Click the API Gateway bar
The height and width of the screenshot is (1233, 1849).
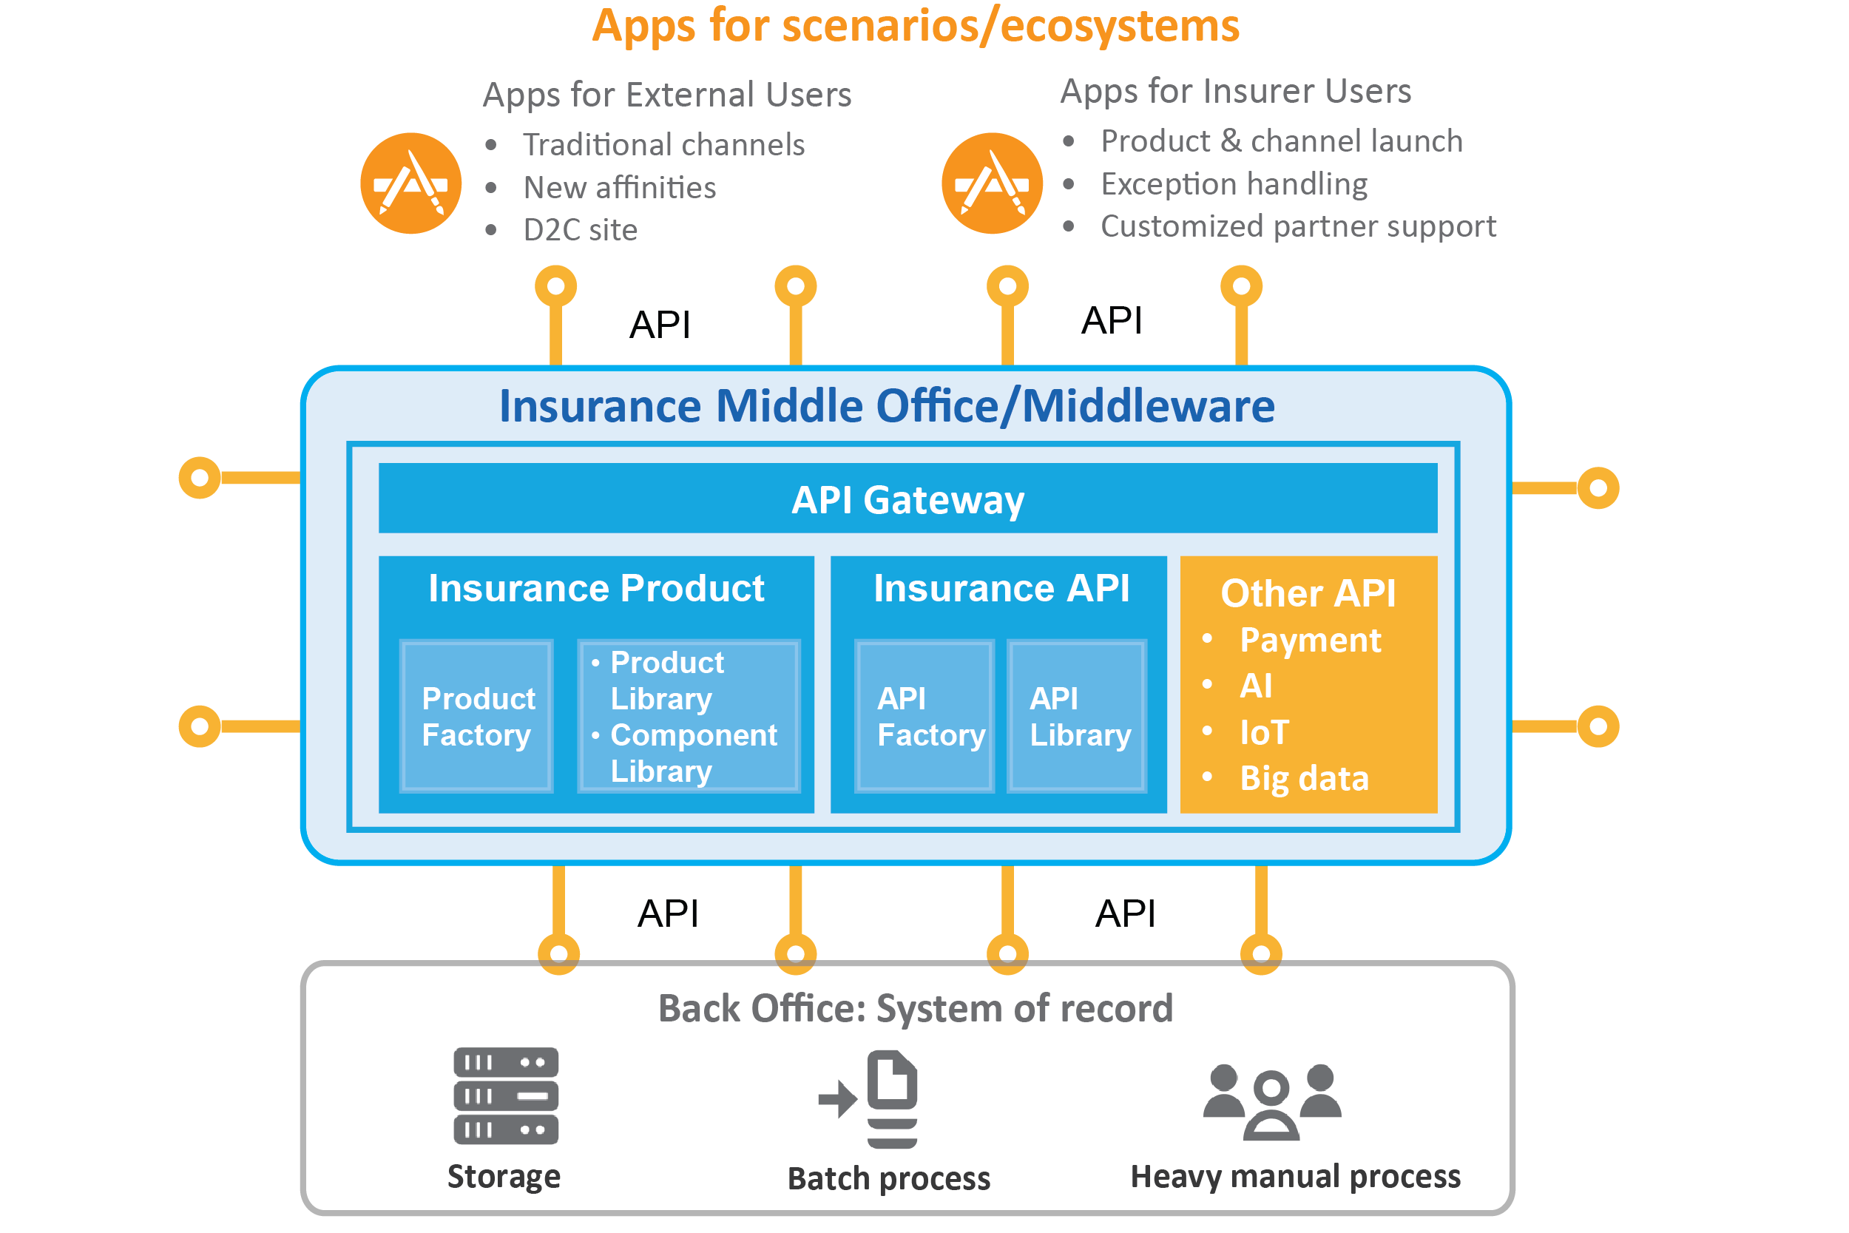pos(907,499)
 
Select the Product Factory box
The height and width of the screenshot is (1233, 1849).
pos(476,717)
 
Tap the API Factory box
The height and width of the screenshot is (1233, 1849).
pos(924,717)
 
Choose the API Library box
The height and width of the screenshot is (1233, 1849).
pos(1077,717)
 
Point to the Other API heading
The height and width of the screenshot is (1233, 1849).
pos(1308,593)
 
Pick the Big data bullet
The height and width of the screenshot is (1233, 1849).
pos(1303,779)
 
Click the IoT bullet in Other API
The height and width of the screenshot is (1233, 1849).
pos(1263,733)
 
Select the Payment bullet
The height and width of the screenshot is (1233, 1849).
pos(1309,640)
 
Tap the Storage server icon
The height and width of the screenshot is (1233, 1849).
pos(505,1095)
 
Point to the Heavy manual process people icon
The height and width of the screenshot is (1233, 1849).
pos(1271,1101)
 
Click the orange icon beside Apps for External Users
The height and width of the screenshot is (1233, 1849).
pos(410,183)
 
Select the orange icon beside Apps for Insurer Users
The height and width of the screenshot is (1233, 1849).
pos(991,183)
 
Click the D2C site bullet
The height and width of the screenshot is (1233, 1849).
pos(579,230)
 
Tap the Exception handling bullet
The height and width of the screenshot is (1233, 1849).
pos(1233,184)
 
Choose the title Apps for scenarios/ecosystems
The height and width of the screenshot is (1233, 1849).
pos(915,26)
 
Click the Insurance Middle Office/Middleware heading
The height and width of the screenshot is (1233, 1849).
pos(887,406)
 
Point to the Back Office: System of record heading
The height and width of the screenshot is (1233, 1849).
pos(915,1008)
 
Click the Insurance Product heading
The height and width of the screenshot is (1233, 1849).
pos(596,588)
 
